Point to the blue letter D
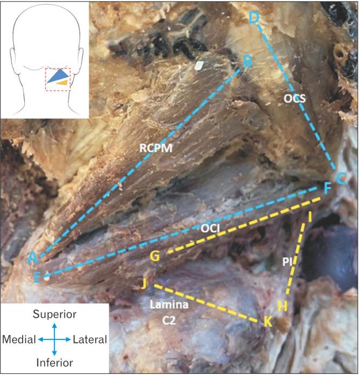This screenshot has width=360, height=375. pos(254,18)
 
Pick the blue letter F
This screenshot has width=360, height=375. pos(327,189)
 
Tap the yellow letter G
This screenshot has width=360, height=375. pos(155,257)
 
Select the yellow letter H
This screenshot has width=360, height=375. pos(282,306)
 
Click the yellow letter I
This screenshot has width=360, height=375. pos(310,217)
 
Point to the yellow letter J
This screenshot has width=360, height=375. pos(143,283)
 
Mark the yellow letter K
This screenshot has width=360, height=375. pos(267,323)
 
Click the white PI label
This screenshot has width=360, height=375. pos(288,261)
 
